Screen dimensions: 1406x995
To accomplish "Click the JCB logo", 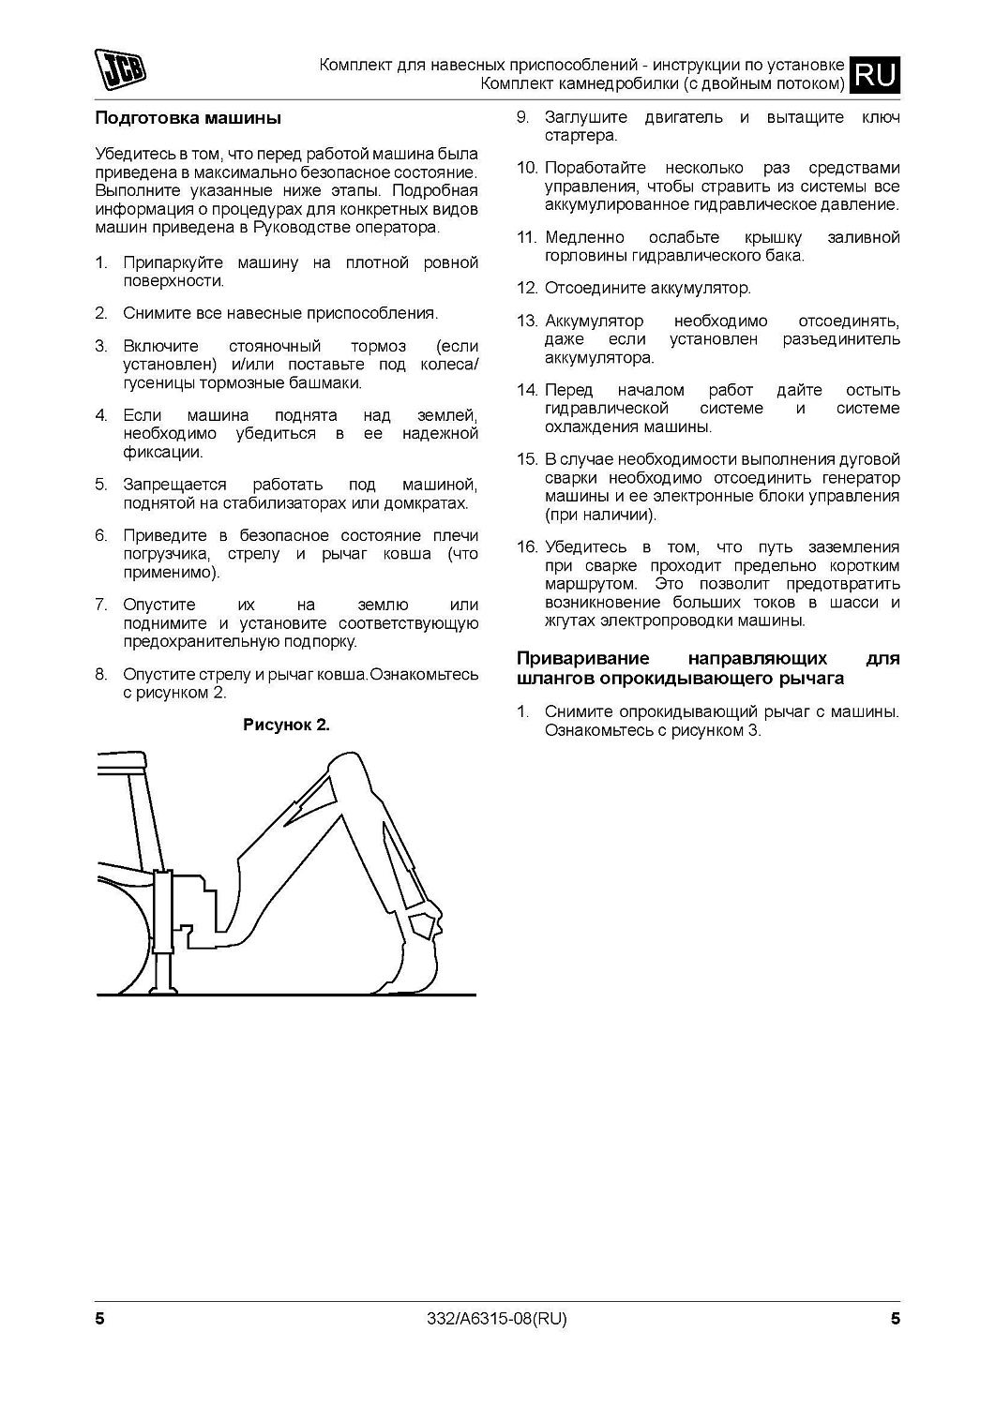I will click(x=123, y=71).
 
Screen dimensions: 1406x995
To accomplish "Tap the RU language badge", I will click(x=874, y=75).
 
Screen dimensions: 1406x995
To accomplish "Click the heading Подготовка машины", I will click(x=188, y=119).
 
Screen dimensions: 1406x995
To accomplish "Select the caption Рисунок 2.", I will click(x=286, y=725).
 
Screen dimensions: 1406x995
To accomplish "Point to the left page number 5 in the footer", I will click(x=99, y=1319).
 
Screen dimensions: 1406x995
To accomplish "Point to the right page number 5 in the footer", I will click(x=895, y=1319).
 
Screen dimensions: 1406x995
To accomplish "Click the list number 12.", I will click(x=526, y=289).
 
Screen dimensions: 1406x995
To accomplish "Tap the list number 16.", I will click(x=526, y=547).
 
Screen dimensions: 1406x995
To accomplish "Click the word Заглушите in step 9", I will click(x=586, y=118).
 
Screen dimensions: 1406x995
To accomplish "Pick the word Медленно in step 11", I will click(x=580, y=237).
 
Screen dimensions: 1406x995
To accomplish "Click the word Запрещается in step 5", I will click(x=174, y=485).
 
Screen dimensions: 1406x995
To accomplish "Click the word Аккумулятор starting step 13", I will click(x=595, y=321).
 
